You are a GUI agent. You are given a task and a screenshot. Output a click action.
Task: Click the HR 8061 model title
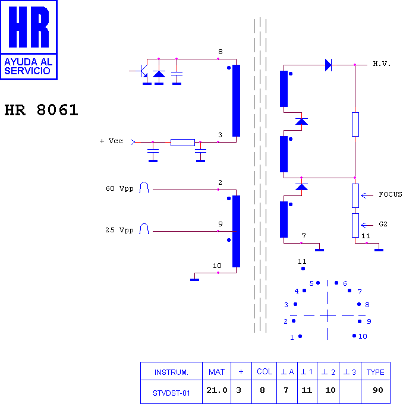[41, 110]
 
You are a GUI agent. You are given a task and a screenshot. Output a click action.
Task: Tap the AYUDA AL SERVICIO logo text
[28, 66]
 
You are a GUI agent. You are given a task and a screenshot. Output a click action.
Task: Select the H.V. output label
[382, 64]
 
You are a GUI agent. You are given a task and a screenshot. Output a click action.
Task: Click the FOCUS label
[390, 194]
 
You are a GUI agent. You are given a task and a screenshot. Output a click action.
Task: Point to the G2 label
[383, 224]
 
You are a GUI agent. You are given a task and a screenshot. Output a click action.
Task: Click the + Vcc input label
[111, 141]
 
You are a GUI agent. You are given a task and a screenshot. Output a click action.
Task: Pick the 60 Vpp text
[119, 188]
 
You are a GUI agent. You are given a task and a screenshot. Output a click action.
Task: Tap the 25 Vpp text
[119, 230]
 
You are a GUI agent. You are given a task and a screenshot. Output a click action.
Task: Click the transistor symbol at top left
[142, 71]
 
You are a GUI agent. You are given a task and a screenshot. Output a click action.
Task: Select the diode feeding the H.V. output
[328, 65]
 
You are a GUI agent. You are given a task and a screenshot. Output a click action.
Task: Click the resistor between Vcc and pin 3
[182, 143]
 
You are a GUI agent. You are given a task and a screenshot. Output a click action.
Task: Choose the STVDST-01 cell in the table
[171, 392]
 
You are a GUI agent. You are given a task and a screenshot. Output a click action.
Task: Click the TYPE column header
[376, 371]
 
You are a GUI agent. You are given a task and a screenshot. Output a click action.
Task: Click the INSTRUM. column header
[171, 371]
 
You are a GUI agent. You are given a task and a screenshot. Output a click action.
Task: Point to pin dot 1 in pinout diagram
[300, 336]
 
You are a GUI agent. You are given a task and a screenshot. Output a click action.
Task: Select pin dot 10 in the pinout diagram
[354, 336]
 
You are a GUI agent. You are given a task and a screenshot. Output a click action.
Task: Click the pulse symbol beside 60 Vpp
[144, 187]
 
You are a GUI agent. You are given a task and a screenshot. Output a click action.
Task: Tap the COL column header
[265, 371]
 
